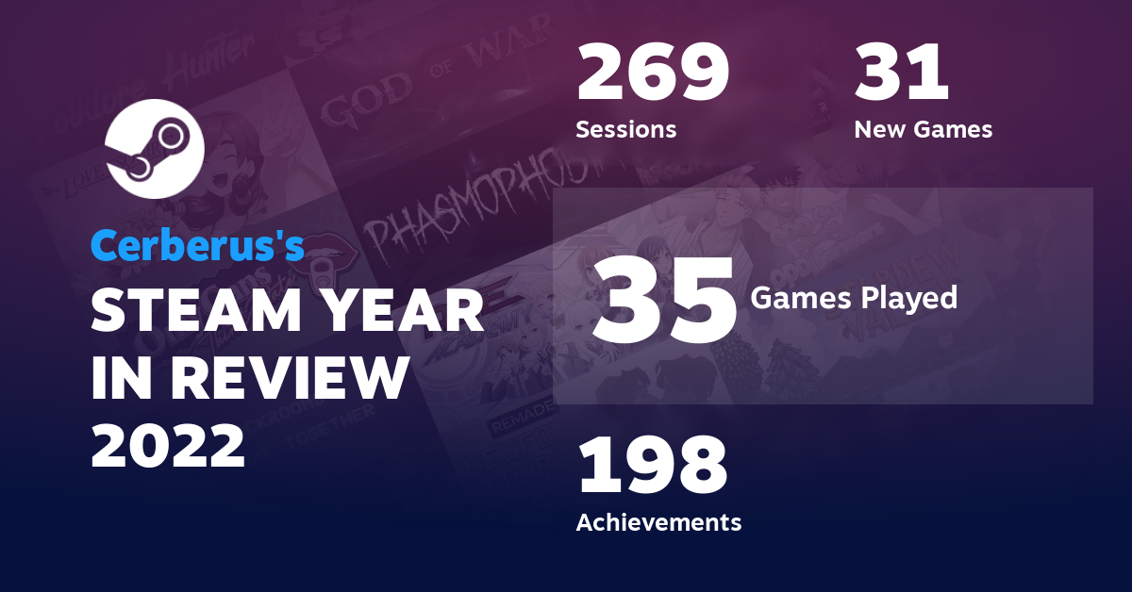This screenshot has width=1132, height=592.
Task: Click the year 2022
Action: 168,445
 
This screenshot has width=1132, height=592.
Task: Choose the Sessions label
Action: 626,130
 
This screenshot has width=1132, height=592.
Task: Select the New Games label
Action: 923,130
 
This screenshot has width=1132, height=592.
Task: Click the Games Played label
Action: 854,299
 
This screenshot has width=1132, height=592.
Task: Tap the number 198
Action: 653,468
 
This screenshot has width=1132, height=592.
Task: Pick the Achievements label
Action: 658,521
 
